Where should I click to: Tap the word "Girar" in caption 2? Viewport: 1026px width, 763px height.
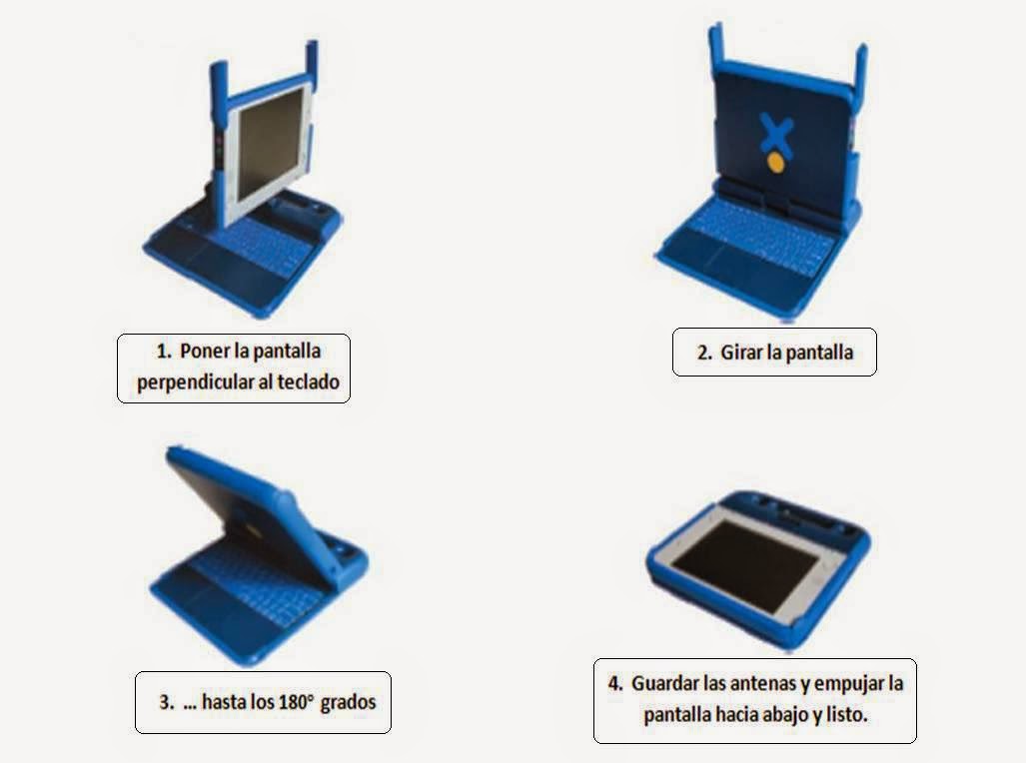[x=739, y=353]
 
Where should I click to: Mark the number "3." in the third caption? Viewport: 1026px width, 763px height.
[x=166, y=702]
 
